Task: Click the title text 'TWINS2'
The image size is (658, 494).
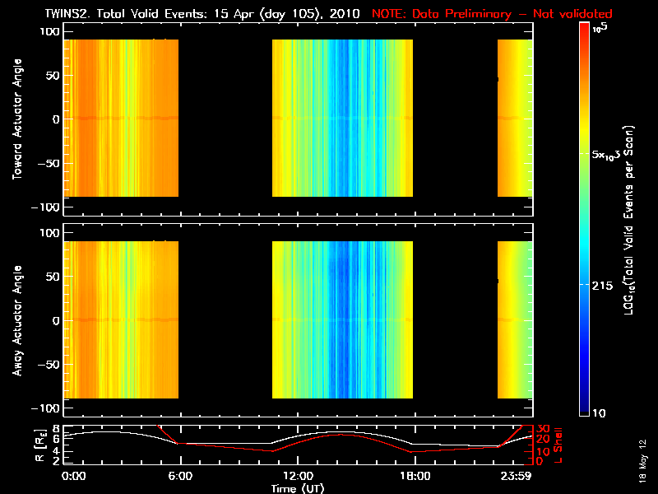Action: pyautogui.click(x=87, y=14)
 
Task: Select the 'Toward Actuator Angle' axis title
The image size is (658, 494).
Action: pyautogui.click(x=17, y=119)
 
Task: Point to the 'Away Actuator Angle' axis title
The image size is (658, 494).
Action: pyautogui.click(x=17, y=320)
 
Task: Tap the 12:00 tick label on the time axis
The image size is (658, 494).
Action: pyautogui.click(x=298, y=476)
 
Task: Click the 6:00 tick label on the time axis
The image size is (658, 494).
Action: pyautogui.click(x=179, y=476)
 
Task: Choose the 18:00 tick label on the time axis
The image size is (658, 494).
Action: pyautogui.click(x=415, y=476)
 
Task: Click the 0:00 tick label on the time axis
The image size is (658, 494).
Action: pyautogui.click(x=74, y=476)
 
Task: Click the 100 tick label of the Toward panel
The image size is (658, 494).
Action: pyautogui.click(x=49, y=30)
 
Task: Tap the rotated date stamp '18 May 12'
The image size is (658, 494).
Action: pyautogui.click(x=646, y=457)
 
